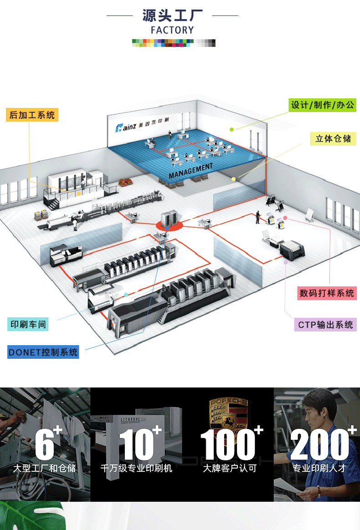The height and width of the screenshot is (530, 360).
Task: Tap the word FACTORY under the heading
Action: [x=172, y=31]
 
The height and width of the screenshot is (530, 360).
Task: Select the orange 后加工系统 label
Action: [x=32, y=115]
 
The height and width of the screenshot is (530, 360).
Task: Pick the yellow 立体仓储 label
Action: [x=334, y=138]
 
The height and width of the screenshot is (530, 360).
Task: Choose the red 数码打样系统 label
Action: [x=327, y=293]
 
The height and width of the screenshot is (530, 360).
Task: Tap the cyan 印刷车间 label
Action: [x=29, y=325]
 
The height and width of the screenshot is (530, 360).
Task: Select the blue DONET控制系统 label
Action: [x=43, y=352]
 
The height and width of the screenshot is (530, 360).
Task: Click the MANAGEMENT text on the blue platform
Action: [x=190, y=170]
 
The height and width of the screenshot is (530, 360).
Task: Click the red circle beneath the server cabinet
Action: [x=169, y=224]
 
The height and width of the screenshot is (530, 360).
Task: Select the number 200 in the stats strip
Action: [x=319, y=444]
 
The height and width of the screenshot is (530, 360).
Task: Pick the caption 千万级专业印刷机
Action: [x=136, y=468]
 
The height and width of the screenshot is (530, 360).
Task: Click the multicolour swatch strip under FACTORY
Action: [x=174, y=43]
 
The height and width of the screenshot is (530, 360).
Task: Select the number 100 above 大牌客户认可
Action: [x=228, y=444]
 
